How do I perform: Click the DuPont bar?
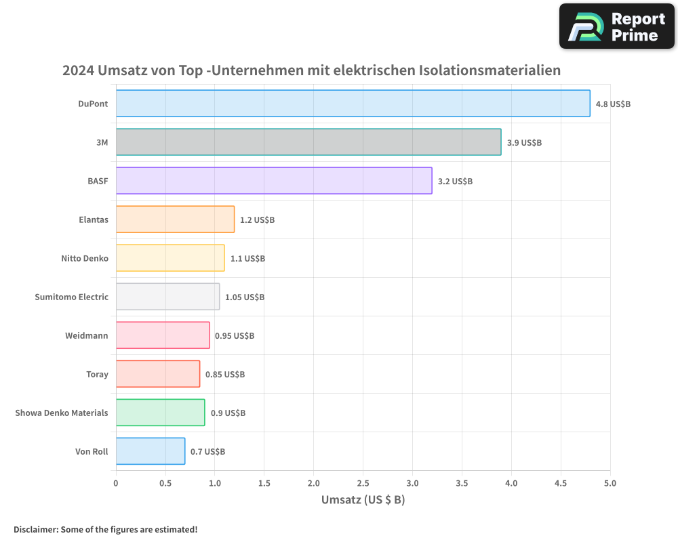click(x=353, y=104)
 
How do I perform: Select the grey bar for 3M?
click(x=308, y=142)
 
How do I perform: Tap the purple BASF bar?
click(x=274, y=181)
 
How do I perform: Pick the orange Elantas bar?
click(x=175, y=220)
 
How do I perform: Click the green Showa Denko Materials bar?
click(x=160, y=413)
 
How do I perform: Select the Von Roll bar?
click(x=151, y=451)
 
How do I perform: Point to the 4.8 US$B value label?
click(x=613, y=104)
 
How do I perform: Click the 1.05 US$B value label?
click(x=245, y=297)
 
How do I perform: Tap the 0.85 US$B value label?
click(x=225, y=375)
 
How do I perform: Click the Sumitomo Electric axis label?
click(x=71, y=297)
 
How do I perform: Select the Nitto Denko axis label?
click(x=85, y=258)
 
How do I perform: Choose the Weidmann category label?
click(x=87, y=335)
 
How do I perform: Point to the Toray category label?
click(x=97, y=374)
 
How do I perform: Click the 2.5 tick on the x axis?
click(x=363, y=483)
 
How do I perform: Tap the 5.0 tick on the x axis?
click(x=610, y=483)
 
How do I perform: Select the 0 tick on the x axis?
click(x=116, y=483)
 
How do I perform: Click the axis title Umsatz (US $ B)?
click(x=363, y=500)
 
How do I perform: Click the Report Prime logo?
click(x=616, y=26)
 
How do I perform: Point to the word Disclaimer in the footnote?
click(x=35, y=529)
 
